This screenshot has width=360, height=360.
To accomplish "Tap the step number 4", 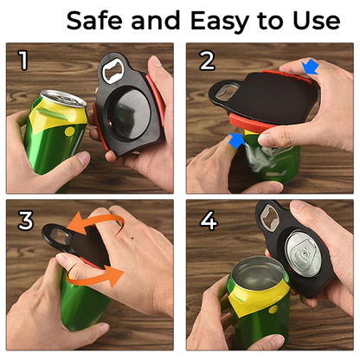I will coord(209,220).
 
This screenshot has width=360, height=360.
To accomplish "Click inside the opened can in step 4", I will coord(256,286).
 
